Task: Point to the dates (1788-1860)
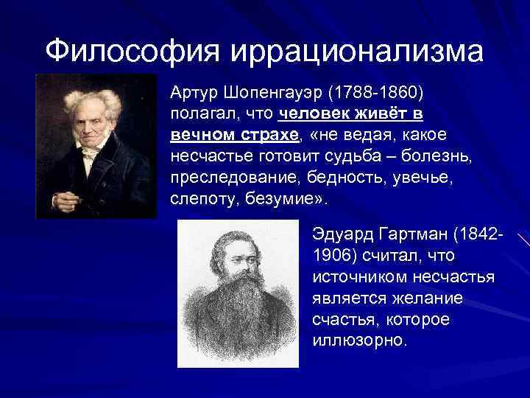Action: pos(376,94)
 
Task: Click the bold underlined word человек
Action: pos(313,116)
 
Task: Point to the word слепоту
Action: pos(197,200)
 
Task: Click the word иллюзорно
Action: pos(358,341)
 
